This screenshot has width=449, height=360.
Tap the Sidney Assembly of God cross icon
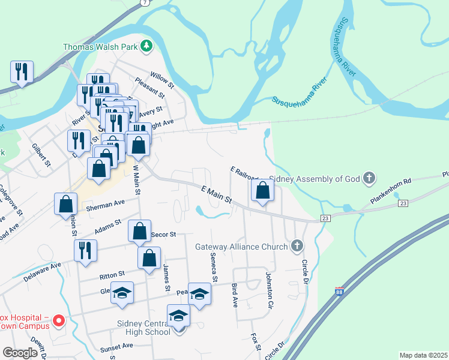[369, 178]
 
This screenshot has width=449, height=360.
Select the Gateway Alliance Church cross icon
[295, 246]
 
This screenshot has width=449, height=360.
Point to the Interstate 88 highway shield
[340, 292]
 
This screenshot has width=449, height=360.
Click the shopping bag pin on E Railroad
[263, 191]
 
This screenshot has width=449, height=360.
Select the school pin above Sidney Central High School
[179, 316]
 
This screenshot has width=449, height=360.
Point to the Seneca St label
[214, 266]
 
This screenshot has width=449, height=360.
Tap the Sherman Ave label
[104, 205]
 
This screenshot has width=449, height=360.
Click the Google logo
[20, 353]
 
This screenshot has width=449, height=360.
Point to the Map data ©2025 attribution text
[423, 355]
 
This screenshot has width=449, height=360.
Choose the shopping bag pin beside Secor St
[139, 232]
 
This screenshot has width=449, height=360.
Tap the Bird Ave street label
[235, 296]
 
